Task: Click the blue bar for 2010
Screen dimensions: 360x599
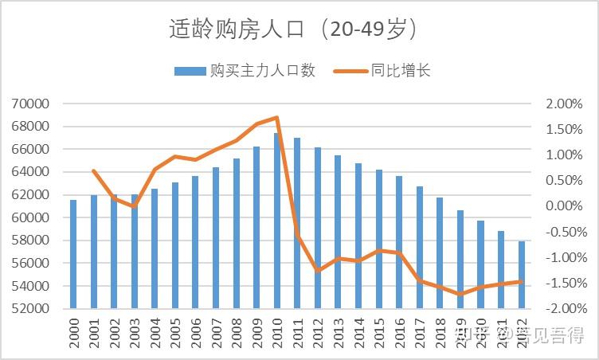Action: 277,221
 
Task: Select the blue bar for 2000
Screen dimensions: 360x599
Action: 73,254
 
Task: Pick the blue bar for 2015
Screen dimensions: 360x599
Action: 379,239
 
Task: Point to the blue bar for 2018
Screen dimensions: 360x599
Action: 440,252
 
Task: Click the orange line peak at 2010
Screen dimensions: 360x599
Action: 277,118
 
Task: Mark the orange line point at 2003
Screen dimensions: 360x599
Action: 135,206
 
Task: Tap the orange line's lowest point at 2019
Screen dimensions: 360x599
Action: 460,294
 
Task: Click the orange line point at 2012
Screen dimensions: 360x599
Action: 318,271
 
